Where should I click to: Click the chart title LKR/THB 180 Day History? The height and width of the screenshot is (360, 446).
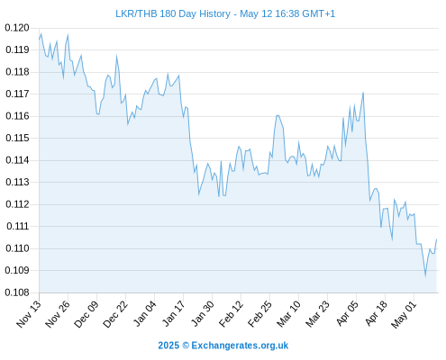[x=173, y=13]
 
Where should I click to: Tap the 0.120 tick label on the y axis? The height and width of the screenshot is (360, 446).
[x=17, y=28]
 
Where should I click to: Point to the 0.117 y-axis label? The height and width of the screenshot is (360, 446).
[x=17, y=94]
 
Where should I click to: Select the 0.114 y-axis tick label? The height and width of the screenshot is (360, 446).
[x=17, y=160]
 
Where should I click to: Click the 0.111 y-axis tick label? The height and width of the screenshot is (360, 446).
[x=17, y=226]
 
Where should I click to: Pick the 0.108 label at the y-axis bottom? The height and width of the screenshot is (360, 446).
[x=17, y=292]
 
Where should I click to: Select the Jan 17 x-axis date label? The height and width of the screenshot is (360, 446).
[x=173, y=313]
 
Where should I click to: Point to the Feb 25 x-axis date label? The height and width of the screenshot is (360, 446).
[x=259, y=313]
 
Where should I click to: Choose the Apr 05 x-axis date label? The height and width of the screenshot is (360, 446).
[x=347, y=313]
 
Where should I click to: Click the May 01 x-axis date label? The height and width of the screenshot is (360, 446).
[x=404, y=314]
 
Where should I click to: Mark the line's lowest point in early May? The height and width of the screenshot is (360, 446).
[x=425, y=276]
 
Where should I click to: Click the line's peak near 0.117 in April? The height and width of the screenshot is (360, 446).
[x=363, y=93]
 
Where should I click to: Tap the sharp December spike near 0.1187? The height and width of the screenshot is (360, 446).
[x=116, y=56]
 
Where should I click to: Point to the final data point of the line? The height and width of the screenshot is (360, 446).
[x=436, y=239]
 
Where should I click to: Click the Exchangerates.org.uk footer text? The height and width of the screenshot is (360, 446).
[x=240, y=346]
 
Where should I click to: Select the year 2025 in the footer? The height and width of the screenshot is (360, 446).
[x=168, y=346]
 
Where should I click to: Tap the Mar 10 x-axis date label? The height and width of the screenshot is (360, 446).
[x=288, y=313]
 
